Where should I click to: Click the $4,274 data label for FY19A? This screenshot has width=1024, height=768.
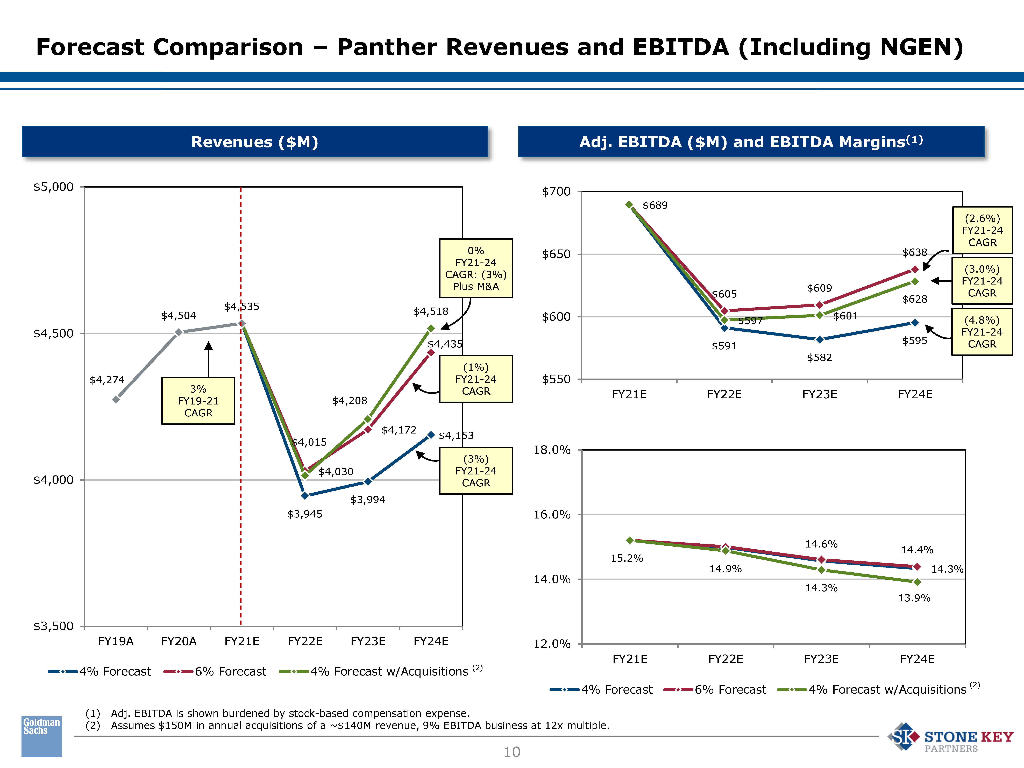107,380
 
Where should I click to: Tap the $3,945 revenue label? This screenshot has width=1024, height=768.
305,514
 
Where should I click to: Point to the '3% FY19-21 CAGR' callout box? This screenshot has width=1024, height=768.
198,401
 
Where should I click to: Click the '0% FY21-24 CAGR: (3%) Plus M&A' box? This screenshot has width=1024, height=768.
476,268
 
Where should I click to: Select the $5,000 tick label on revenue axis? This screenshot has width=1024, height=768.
53,187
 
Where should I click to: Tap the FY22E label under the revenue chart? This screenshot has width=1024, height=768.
305,641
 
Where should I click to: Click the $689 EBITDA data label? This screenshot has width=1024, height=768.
655,205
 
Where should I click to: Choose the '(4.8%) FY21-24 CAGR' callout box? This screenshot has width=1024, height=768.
982,332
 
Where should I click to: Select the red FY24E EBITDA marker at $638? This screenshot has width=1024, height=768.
915,269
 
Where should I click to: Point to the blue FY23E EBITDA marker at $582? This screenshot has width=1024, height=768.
819,339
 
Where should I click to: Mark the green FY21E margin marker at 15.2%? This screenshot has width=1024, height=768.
630,540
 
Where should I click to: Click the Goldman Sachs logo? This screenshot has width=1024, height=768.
42,736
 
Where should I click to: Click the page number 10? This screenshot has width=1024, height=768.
512,752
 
